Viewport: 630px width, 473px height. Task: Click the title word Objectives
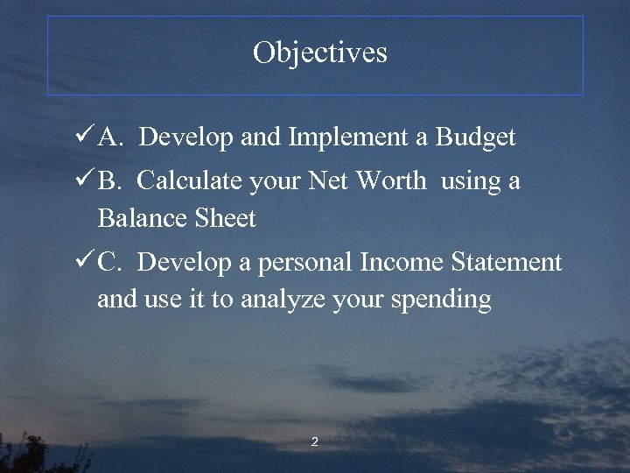click(319, 53)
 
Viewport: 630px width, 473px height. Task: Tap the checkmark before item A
click(85, 137)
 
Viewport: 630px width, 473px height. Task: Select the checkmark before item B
click(85, 180)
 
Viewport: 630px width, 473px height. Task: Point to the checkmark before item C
click(85, 261)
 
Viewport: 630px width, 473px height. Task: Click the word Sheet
click(224, 218)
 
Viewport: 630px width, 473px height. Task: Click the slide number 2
click(314, 441)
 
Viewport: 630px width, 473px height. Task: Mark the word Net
click(328, 181)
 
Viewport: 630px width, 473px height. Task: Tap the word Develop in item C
click(180, 263)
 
